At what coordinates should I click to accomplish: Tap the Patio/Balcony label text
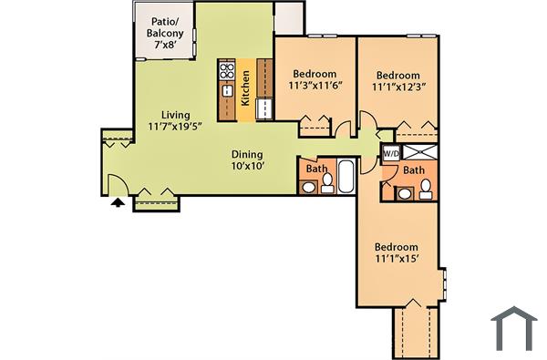pyautogui.click(x=166, y=27)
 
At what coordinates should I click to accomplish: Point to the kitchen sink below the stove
pyautogui.click(x=226, y=90)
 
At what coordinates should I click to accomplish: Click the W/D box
pyautogui.click(x=391, y=152)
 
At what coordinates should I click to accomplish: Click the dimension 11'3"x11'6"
pyautogui.click(x=315, y=87)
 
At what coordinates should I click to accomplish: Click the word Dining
pyautogui.click(x=247, y=154)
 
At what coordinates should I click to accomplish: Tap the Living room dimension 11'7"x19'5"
pyautogui.click(x=177, y=127)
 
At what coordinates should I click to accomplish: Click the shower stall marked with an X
pyautogui.click(x=420, y=152)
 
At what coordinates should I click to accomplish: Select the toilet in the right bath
pyautogui.click(x=425, y=190)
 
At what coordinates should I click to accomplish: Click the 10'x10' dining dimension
pyautogui.click(x=247, y=167)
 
